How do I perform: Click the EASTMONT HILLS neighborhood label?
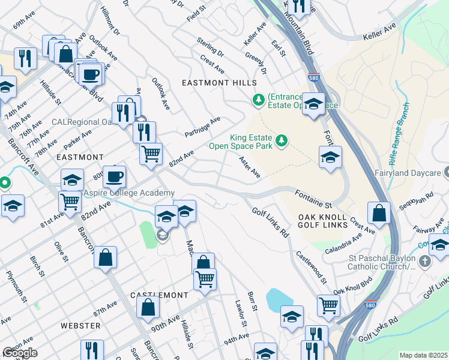pyautogui.click(x=221, y=83)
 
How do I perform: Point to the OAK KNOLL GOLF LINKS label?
pyautogui.click(x=322, y=220)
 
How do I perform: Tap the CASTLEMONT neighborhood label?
pyautogui.click(x=159, y=296)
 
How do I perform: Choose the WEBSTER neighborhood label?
pyautogui.click(x=80, y=326)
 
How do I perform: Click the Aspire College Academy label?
pyautogui.click(x=129, y=193)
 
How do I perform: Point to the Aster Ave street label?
pyautogui.click(x=249, y=167)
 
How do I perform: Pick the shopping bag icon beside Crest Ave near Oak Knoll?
pyautogui.click(x=379, y=212)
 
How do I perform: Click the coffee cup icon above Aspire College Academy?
pyautogui.click(x=114, y=176)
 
